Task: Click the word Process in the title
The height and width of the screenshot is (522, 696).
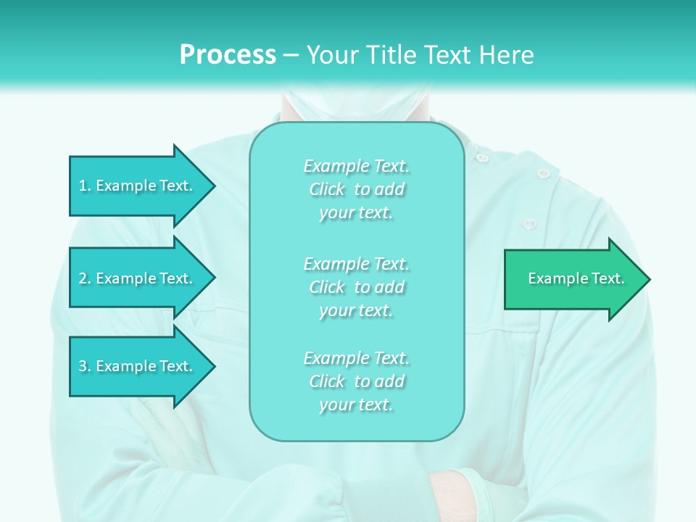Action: coord(228,55)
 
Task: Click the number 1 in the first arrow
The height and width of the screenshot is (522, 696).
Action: coord(83,186)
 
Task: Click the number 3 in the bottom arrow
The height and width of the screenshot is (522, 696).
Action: coord(83,367)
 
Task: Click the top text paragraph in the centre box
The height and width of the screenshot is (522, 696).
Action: coord(356,189)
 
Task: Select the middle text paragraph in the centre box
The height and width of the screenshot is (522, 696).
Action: coord(356,287)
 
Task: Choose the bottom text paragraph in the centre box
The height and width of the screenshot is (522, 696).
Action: coord(356,381)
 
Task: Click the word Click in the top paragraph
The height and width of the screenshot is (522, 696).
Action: coord(327,190)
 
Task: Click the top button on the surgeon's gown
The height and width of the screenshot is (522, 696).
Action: coord(481,157)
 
